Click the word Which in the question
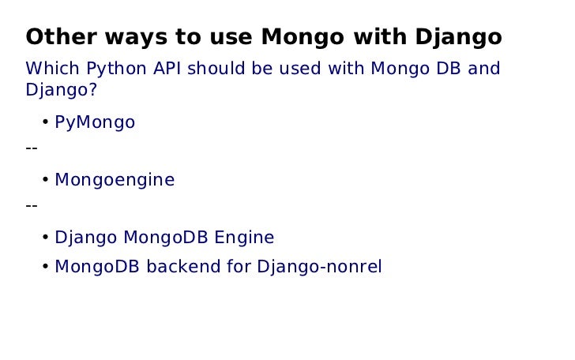coord(53,69)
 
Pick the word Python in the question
coord(117,69)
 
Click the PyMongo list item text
coord(95,123)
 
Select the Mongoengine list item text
coord(115,181)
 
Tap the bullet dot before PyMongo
coord(46,122)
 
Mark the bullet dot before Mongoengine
coord(46,180)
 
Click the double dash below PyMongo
coord(32,148)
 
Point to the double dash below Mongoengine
coord(32,205)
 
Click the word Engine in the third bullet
coord(244,238)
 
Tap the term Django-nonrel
coord(319,268)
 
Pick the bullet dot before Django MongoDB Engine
coord(46,238)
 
